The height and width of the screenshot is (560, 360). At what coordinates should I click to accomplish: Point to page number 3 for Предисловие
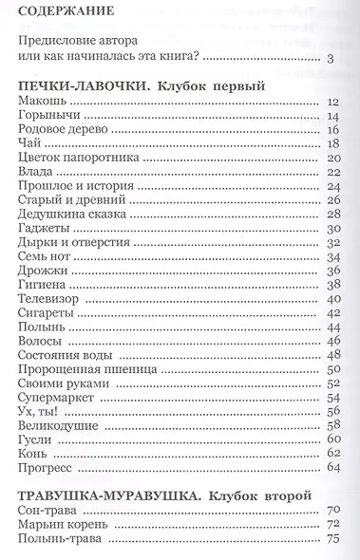pyautogui.click(x=329, y=60)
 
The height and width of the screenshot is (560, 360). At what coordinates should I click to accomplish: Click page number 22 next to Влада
pyautogui.click(x=332, y=172)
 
